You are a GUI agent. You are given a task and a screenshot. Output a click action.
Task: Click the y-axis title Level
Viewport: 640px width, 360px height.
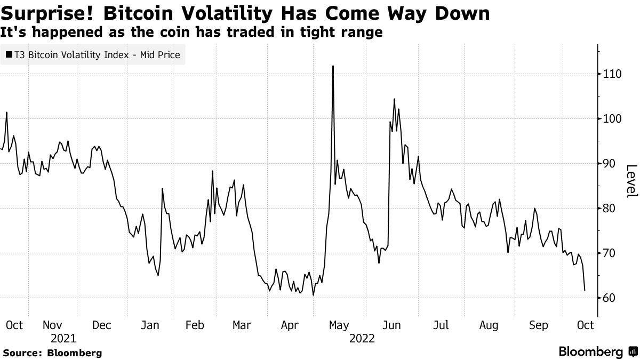(631, 181)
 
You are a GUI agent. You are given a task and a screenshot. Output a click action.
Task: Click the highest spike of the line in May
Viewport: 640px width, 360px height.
(333, 66)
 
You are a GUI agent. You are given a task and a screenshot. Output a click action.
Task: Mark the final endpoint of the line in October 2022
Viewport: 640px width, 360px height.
(585, 290)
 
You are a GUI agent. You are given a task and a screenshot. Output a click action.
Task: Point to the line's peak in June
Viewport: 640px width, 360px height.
(394, 99)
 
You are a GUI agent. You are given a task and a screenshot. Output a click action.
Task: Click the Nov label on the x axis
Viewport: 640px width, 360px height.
(52, 325)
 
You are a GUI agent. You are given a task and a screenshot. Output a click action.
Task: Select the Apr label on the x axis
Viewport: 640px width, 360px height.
(290, 325)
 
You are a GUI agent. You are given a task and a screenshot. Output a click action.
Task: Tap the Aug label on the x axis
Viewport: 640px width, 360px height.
(489, 325)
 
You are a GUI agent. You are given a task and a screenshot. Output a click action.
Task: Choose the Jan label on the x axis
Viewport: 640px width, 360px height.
(150, 325)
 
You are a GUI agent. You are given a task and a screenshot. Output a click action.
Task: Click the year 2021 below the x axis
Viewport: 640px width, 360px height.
(63, 338)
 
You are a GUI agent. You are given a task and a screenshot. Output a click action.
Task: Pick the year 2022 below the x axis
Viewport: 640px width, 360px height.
(362, 338)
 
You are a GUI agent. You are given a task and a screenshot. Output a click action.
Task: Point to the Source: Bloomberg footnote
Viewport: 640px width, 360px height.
(52, 353)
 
